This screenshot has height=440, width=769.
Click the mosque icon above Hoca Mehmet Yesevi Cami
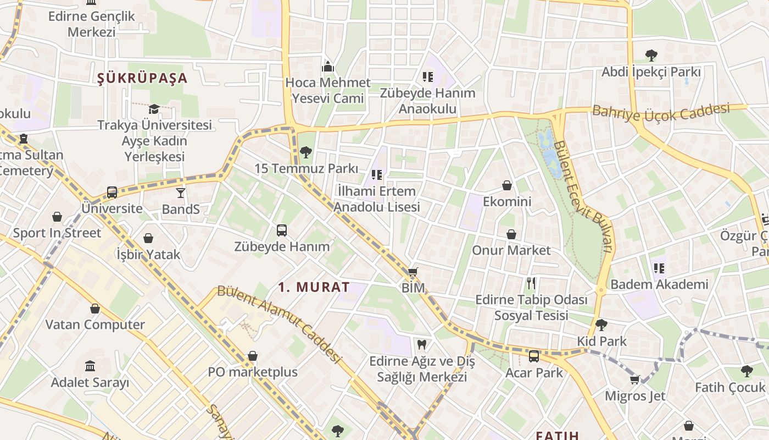point(328,67)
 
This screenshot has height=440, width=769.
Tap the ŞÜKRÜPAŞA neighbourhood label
point(142,78)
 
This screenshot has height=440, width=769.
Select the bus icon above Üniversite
point(112,193)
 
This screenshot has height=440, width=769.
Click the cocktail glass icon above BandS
point(181,193)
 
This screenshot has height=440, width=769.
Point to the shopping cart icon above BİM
point(413,272)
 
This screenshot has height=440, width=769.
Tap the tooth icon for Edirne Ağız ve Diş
point(421,345)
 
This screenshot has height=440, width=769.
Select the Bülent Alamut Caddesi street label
point(280,324)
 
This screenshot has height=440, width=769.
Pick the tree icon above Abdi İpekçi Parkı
point(651,56)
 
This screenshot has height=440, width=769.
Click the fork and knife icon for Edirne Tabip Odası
point(531,284)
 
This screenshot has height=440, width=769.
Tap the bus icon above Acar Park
point(534,356)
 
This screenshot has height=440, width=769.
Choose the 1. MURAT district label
point(314,287)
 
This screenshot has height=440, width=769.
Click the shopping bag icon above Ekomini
point(507,186)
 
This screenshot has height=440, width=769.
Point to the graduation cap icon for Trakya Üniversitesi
point(154,109)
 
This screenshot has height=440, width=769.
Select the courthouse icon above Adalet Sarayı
point(90,366)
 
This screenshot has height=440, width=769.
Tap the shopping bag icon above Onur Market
point(511,234)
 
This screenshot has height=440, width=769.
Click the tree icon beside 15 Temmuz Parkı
point(306,152)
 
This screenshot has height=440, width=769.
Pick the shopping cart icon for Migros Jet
point(635,380)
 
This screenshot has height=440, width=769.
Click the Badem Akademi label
point(659,284)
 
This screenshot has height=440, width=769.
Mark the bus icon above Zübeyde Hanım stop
point(282,230)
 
